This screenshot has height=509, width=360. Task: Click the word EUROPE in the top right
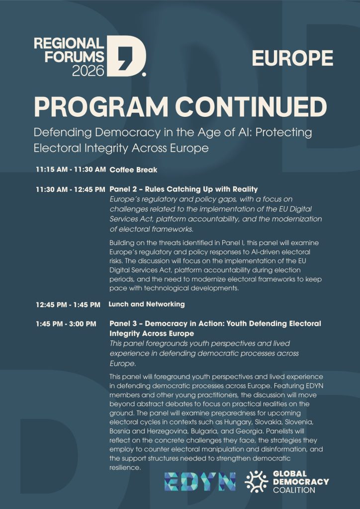(x=292, y=58)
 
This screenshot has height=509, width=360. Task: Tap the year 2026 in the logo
(x=89, y=71)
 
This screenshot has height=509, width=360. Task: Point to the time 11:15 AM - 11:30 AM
(x=71, y=170)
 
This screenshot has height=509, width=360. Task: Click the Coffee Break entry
(x=133, y=170)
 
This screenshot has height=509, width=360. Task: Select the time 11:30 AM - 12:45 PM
(x=71, y=189)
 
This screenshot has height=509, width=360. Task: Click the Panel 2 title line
(x=183, y=189)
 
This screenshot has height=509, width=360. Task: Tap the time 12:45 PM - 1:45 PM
(x=68, y=304)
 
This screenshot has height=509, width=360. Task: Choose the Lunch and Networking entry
(x=147, y=304)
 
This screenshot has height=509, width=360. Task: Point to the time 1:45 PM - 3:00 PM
(x=66, y=324)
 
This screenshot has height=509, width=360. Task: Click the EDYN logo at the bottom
(x=200, y=481)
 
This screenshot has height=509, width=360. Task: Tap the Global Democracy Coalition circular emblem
(x=257, y=481)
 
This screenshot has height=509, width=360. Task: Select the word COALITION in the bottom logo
(x=294, y=490)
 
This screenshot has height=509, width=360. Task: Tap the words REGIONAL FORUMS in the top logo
(x=69, y=49)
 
